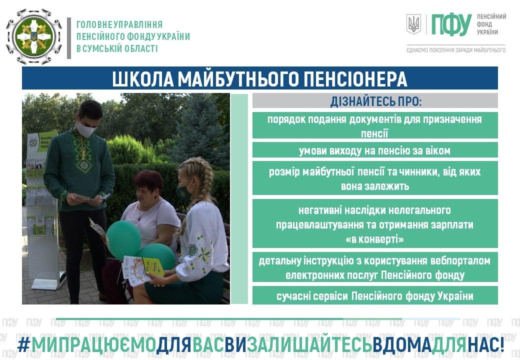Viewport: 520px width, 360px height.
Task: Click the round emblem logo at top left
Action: tap(34, 36)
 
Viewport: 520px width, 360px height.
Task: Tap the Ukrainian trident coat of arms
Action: tap(413, 24)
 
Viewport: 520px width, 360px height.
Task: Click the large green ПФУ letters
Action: tap(451, 24)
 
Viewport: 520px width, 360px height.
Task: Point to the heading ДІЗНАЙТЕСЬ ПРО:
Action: tap(375, 101)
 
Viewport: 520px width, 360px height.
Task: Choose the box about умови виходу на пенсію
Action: tap(375, 150)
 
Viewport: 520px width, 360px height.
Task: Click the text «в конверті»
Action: tap(374, 239)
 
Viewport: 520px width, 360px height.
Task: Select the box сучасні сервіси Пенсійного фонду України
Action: tap(375, 295)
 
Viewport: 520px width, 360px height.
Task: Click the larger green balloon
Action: tap(123, 239)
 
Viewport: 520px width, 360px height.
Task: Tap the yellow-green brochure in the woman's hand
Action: tap(153, 266)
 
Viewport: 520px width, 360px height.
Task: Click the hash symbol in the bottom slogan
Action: tap(23, 345)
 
